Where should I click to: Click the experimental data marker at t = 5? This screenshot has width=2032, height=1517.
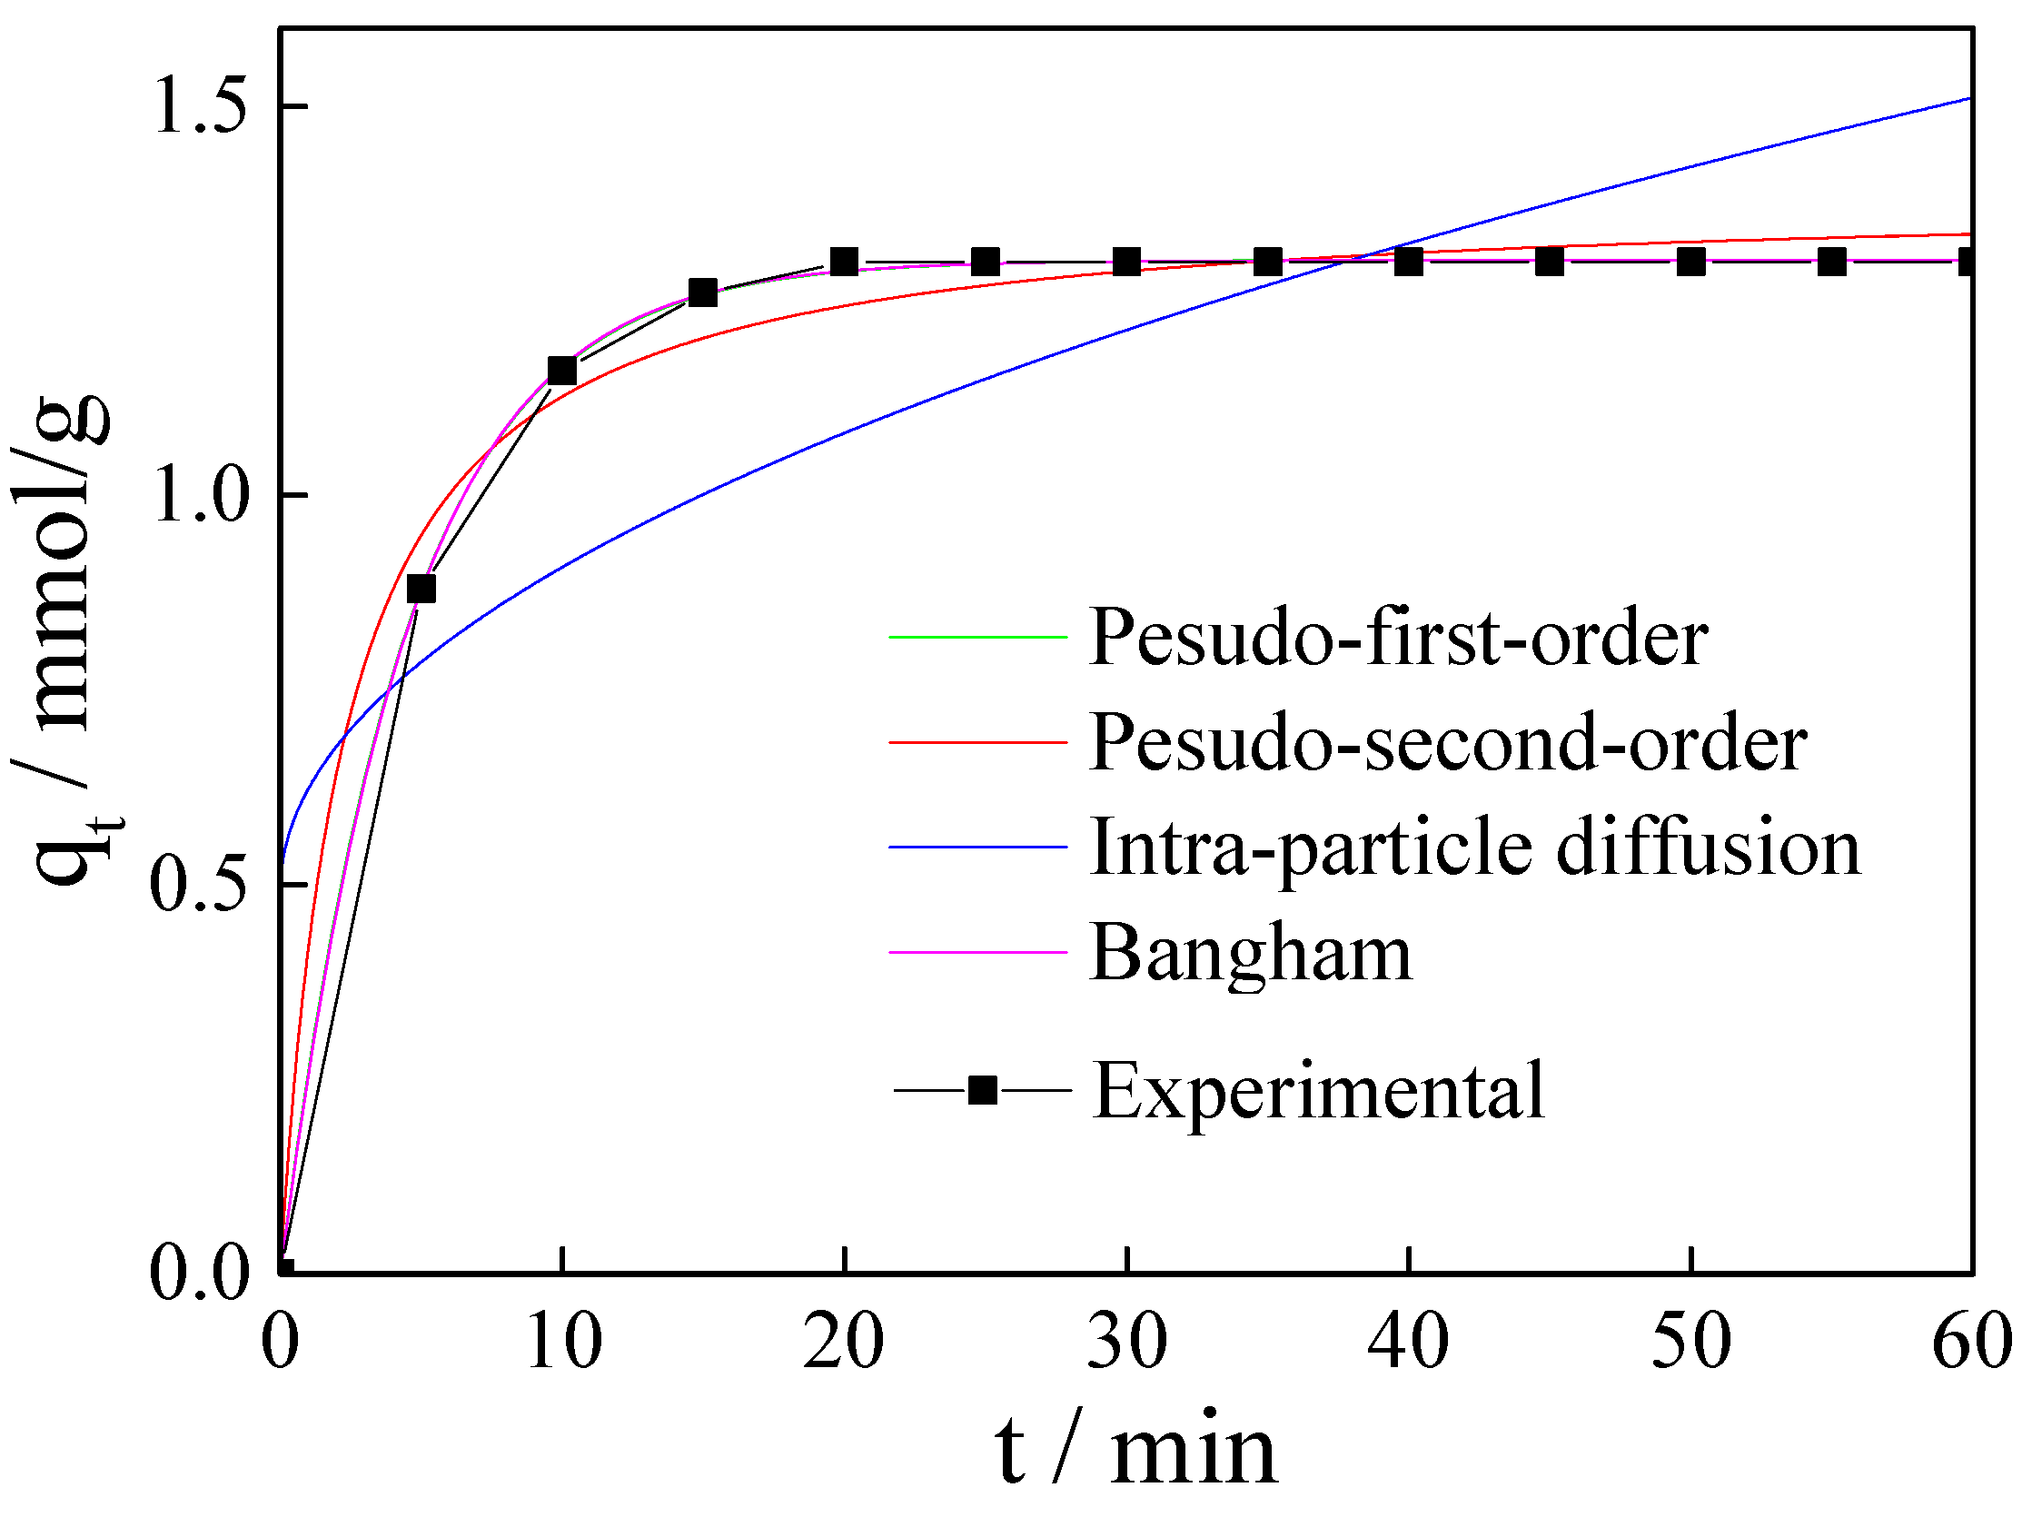click(x=421, y=589)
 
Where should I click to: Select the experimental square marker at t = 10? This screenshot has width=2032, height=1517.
click(x=561, y=371)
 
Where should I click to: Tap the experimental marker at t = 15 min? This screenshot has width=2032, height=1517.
click(x=702, y=292)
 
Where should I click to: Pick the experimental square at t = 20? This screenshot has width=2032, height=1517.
click(x=844, y=262)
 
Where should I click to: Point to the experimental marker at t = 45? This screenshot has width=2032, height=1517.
click(x=1550, y=262)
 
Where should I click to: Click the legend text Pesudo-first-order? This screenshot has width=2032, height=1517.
click(x=1398, y=638)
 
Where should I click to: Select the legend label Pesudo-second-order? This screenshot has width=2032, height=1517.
click(x=1448, y=742)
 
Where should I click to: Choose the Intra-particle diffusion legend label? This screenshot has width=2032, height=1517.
click(x=1474, y=847)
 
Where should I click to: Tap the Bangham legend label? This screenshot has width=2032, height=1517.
click(x=1251, y=952)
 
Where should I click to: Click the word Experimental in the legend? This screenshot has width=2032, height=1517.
click(x=1319, y=1090)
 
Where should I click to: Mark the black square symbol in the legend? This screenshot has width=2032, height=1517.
click(x=983, y=1090)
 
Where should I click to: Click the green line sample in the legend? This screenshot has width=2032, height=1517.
click(x=978, y=637)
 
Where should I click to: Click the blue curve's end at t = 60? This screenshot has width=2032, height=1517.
click(x=1968, y=99)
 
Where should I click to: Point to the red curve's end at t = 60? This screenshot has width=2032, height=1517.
click(x=1968, y=234)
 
